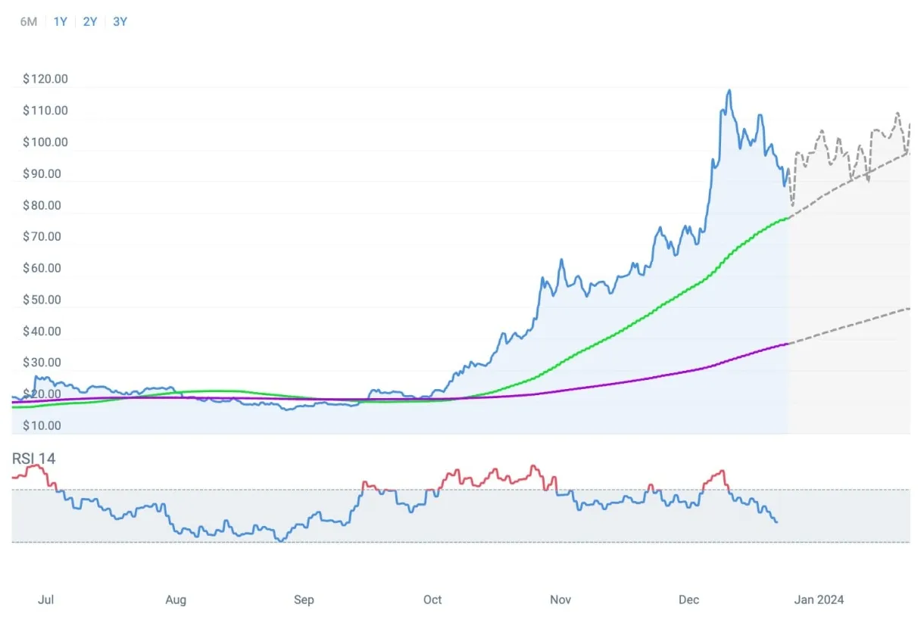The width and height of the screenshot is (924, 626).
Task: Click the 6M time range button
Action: pos(28,22)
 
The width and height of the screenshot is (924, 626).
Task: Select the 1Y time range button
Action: pos(61,22)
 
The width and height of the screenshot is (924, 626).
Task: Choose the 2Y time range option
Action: pos(90,22)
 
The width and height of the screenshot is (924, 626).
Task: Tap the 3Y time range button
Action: pos(120,22)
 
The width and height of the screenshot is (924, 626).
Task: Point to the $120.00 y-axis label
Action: pos(45,79)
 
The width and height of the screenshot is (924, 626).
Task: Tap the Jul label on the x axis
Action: pos(45,600)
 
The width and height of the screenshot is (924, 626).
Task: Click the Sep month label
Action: pos(303,600)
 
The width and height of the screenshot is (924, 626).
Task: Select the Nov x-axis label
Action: pos(560,600)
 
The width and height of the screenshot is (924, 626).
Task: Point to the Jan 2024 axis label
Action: pos(819,600)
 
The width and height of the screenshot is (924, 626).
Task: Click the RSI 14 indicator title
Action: pos(33,459)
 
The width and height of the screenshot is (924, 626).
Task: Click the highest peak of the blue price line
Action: pos(729,91)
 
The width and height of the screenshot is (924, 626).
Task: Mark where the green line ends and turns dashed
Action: pos(789,217)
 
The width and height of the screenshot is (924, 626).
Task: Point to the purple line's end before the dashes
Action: pos(789,343)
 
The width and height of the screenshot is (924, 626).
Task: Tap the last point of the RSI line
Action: pos(776,522)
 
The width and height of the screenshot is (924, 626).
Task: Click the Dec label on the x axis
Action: pos(688,600)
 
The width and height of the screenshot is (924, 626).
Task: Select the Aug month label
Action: pos(175,600)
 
